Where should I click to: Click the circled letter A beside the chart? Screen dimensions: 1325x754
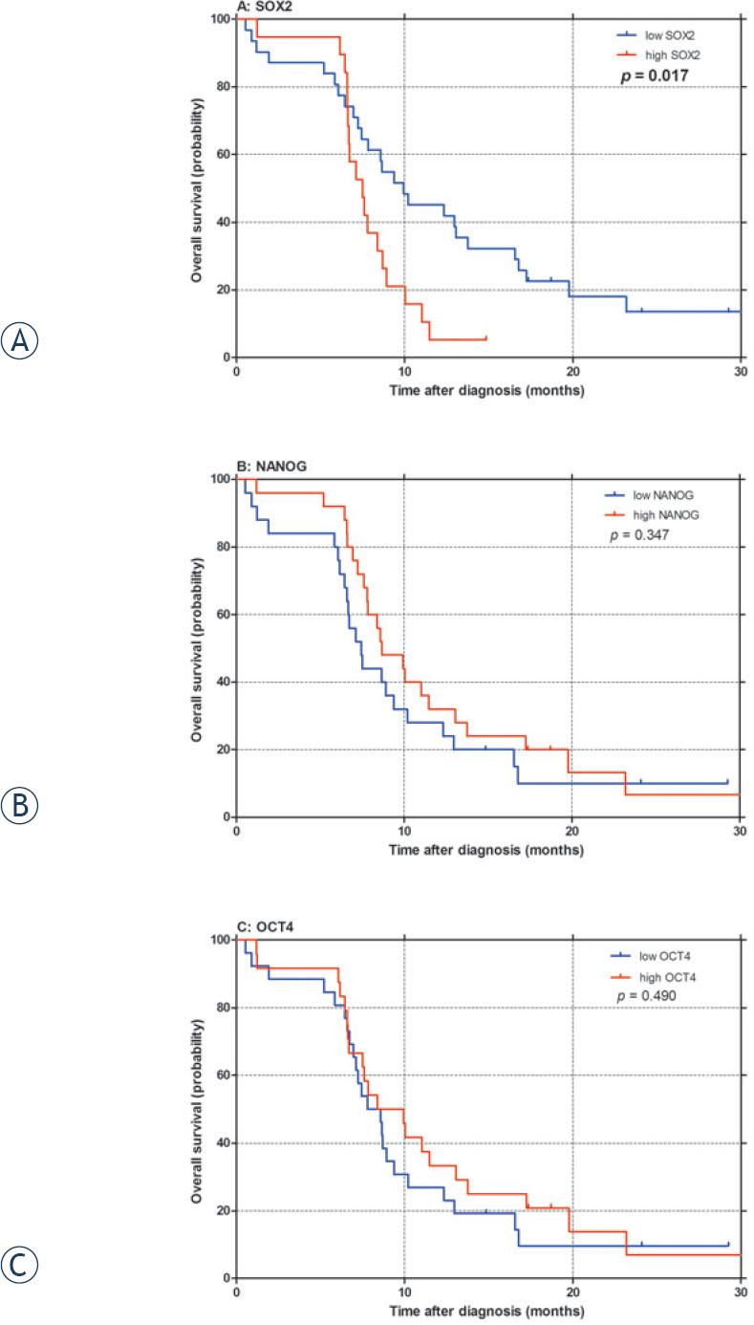[20, 341]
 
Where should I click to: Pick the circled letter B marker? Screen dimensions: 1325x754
[20, 806]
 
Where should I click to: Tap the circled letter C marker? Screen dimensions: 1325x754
[20, 1267]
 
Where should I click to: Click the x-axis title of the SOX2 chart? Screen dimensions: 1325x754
[485, 390]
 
